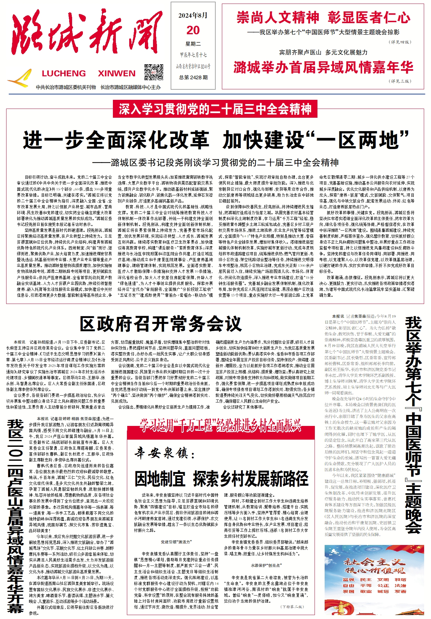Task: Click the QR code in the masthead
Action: coord(154,72)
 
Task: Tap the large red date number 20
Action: coord(193,30)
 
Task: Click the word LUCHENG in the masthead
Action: coord(64,73)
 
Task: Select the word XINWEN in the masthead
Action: coord(116,73)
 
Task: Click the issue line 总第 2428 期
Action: coord(193,77)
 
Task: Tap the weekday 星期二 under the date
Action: coord(193,44)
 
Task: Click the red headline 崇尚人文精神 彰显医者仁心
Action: coord(323,17)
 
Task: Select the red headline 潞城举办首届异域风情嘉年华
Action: coord(323,68)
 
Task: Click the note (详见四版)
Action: coord(400,42)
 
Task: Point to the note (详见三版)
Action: coord(400,81)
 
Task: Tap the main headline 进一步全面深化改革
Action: coord(116,140)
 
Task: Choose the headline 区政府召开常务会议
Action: coord(161,324)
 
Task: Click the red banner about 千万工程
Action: coord(220,425)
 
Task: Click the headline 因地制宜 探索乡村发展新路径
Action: coord(222,479)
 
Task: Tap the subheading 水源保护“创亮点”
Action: coord(266,565)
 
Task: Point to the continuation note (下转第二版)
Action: coord(292,607)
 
